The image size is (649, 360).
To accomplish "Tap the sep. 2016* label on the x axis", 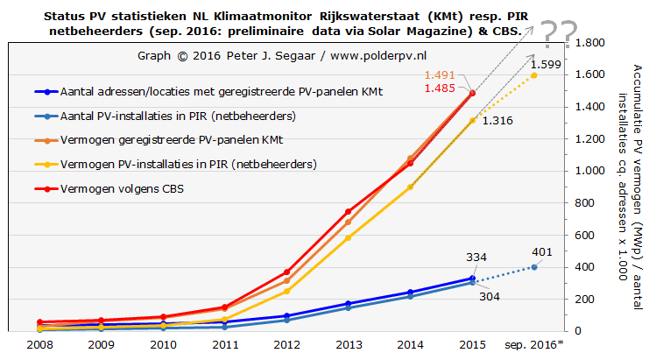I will coord(535,345).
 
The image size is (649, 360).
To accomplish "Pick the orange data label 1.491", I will coord(441,75).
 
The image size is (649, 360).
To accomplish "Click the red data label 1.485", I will coord(441,88).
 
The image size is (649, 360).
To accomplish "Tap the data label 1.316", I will coord(497,120).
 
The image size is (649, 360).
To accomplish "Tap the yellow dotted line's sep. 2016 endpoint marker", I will coord(534,75).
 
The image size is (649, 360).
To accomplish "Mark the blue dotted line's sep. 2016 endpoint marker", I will coord(534,266).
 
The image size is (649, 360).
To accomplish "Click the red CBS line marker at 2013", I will coord(348,211).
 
